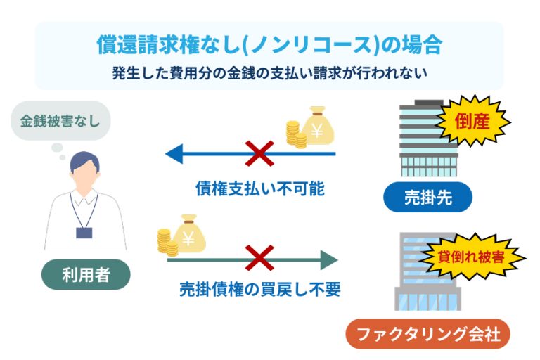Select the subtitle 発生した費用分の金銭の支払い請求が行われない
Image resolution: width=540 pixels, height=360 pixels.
[x=269, y=72]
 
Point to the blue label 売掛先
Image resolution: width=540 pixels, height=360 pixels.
[x=427, y=198]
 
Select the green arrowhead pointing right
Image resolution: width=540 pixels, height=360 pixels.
[x=328, y=259]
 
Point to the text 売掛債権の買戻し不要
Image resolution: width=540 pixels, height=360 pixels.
[x=259, y=290]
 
